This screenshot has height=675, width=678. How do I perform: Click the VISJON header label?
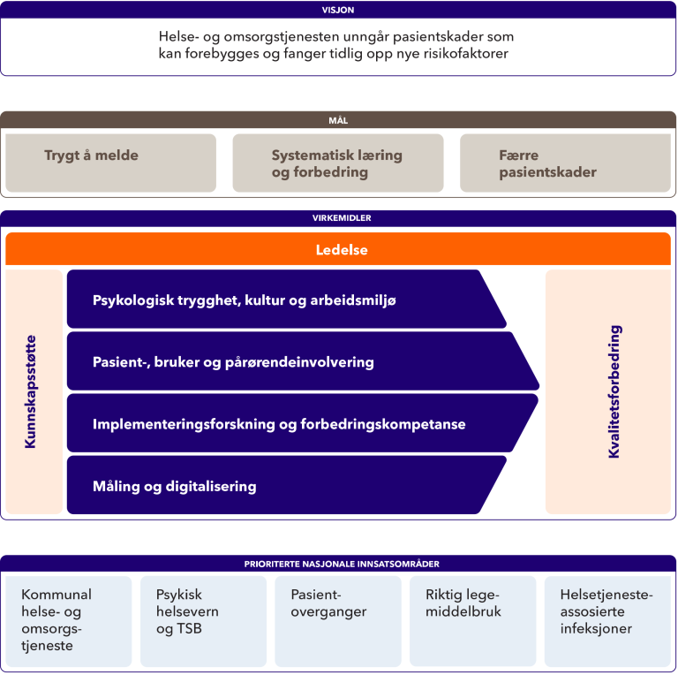338,10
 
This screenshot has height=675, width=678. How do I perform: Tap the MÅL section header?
338,120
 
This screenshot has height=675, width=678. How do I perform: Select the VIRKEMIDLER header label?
338,218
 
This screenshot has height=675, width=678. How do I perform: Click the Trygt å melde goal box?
110,163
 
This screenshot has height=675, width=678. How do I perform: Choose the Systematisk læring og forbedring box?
337,163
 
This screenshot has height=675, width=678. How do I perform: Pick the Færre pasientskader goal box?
565,163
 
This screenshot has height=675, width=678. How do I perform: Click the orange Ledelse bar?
338,249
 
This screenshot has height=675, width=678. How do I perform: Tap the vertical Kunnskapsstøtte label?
32,391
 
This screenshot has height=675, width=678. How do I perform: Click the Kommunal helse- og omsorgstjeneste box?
69,620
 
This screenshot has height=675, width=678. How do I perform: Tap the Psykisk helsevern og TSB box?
204,620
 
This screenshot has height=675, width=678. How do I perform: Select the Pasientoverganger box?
338,620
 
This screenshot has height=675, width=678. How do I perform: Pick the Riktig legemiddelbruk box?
473,620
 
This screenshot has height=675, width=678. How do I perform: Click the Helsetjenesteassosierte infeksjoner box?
607,620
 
